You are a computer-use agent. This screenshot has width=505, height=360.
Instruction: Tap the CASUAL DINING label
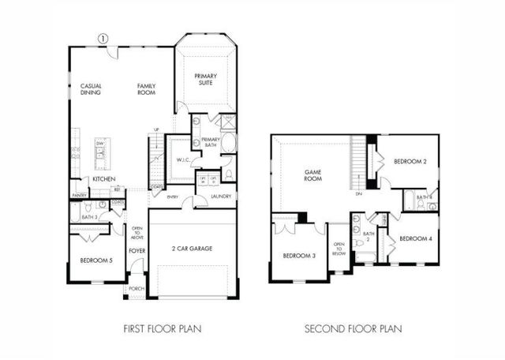91,89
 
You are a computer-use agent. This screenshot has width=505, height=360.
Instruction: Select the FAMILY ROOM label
146,89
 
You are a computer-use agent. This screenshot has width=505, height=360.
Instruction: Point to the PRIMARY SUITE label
207,80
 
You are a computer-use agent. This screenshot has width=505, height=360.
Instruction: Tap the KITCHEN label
104,179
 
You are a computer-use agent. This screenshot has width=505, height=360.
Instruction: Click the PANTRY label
79,195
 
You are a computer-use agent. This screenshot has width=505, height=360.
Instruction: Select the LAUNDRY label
220,197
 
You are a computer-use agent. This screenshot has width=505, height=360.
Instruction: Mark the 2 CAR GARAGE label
193,248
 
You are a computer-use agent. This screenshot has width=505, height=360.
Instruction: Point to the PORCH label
136,289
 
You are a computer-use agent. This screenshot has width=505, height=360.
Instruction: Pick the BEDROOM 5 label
97,260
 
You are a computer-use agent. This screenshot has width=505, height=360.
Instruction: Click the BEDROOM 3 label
299,256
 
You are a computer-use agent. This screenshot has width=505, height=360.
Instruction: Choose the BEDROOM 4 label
414,238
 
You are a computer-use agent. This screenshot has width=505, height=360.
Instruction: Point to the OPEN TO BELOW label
339,249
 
